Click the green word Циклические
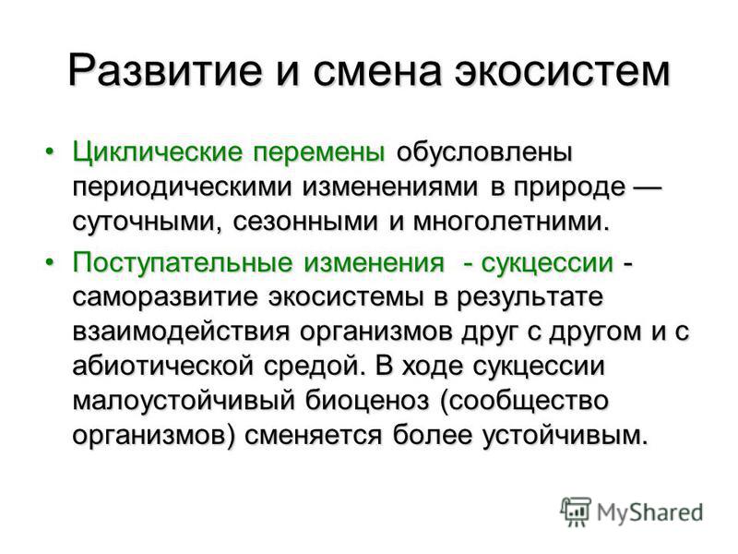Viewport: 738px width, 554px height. tap(158, 153)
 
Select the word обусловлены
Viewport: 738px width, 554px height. tap(484, 152)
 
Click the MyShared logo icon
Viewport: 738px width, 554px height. tap(575, 512)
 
